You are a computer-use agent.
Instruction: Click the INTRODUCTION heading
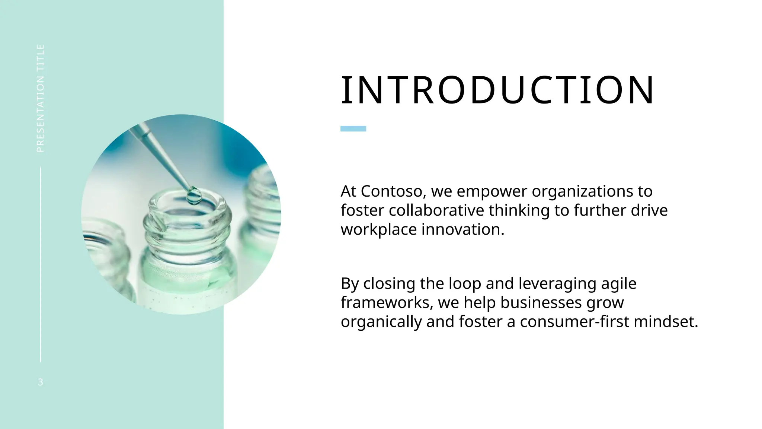pos(497,90)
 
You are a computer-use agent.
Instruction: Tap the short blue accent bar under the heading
pos(353,129)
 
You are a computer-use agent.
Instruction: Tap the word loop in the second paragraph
pos(465,284)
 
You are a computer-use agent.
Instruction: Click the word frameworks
pos(387,303)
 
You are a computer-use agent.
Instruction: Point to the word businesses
pos(541,303)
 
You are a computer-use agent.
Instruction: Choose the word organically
pos(381,322)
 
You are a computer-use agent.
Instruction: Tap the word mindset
pos(666,322)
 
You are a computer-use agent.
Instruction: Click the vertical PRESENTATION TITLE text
pos(41,98)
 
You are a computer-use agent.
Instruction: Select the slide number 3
pos(41,382)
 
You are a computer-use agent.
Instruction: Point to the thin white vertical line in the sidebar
pos(41,264)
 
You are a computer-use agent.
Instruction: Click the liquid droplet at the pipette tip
pos(194,196)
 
